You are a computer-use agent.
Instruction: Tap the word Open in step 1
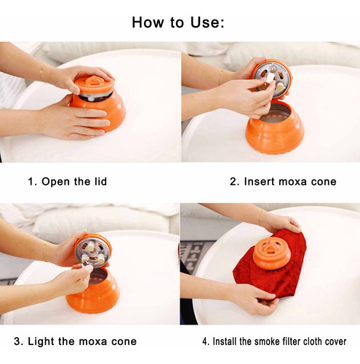click(x=55, y=181)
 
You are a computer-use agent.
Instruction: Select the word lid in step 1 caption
click(x=100, y=181)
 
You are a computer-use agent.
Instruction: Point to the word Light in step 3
click(x=41, y=341)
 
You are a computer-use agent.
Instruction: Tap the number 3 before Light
click(x=17, y=341)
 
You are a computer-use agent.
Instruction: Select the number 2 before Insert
click(x=233, y=181)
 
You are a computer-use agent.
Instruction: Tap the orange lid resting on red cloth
click(x=271, y=256)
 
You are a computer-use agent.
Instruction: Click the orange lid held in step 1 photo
click(x=94, y=84)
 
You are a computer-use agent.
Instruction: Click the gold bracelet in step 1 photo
click(x=42, y=74)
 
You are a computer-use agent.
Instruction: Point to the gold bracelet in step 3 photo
click(x=44, y=252)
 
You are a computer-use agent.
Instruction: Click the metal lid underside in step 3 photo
click(x=93, y=253)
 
